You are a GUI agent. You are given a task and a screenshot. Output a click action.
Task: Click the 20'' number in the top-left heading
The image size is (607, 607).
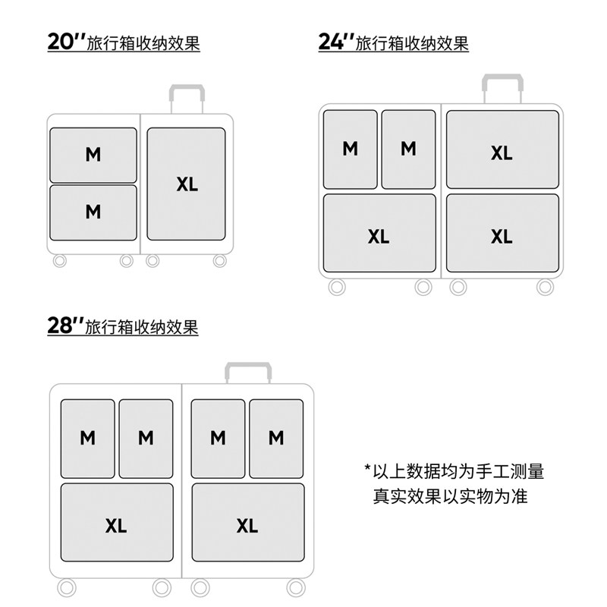point(66,42)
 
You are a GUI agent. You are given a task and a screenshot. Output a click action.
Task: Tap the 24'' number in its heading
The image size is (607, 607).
point(335,42)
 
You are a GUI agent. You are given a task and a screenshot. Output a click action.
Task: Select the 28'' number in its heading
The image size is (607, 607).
point(64,326)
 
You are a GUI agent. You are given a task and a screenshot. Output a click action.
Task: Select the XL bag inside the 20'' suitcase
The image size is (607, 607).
point(187,184)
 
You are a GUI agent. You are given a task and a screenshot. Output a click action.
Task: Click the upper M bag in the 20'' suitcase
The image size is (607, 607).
point(93,155)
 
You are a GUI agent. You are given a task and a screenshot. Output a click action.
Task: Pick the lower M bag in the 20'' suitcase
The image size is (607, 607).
point(93,212)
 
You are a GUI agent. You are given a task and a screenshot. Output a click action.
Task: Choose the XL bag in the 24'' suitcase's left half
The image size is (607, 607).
point(379,234)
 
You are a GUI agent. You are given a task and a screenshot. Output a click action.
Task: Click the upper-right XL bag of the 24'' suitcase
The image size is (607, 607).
point(502,149)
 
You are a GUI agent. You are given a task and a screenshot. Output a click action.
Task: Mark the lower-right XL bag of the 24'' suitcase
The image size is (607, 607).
point(502,234)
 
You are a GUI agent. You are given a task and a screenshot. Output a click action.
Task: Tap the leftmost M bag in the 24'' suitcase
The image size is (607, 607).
point(350,149)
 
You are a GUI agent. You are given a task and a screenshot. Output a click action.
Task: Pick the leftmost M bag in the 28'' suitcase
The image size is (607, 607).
point(88,439)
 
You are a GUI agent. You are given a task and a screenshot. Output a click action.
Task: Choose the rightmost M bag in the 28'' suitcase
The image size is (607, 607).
point(276,439)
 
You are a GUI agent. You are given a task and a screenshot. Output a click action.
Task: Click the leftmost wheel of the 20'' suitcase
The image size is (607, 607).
point(60,261)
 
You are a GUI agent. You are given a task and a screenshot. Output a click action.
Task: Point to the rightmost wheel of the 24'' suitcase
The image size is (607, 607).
point(545,287)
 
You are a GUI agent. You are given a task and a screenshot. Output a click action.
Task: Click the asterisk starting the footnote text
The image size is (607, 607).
point(368,469)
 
